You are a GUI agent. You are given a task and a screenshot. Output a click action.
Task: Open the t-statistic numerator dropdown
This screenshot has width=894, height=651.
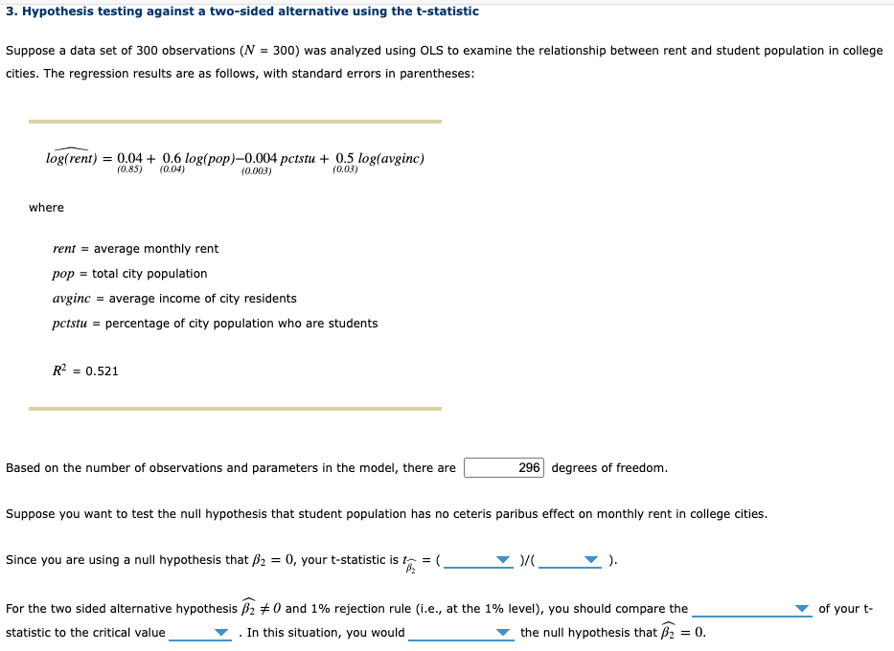(478, 560)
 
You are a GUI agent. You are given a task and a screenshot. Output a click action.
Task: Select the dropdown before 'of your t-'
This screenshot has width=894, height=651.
(752, 609)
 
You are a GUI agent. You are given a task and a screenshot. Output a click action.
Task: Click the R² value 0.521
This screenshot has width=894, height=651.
(102, 371)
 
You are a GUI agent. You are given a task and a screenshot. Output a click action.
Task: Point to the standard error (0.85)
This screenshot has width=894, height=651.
(129, 169)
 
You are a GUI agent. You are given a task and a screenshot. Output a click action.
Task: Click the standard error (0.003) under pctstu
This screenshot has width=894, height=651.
(256, 170)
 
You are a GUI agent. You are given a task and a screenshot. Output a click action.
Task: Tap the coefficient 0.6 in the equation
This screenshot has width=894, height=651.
(172, 158)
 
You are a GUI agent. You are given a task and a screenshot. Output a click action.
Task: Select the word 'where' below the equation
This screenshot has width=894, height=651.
(46, 208)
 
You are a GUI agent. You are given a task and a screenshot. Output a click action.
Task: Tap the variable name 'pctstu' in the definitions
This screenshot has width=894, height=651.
(70, 324)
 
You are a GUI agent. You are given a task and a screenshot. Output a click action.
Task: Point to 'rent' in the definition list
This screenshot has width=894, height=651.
(64, 249)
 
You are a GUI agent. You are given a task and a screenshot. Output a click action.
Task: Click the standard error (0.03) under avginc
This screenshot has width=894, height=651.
(345, 169)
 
